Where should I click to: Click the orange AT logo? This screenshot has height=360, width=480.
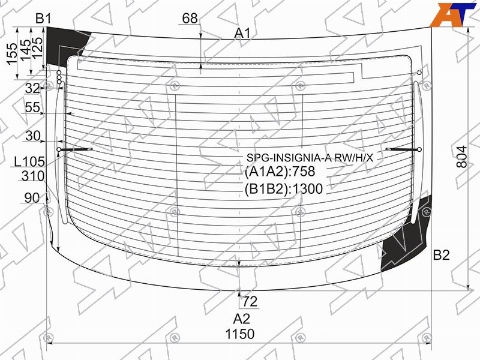454,14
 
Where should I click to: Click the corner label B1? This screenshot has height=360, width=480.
43,19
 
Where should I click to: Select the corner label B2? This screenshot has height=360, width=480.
441,254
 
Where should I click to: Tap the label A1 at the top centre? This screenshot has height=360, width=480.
242,33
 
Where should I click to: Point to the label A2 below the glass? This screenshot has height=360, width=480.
242,319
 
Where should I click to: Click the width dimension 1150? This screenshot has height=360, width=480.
239,334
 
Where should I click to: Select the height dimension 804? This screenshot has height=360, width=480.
462,157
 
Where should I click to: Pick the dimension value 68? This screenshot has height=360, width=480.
190,19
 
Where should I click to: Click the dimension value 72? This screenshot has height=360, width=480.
250,302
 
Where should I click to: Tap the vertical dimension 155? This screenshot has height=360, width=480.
11,54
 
